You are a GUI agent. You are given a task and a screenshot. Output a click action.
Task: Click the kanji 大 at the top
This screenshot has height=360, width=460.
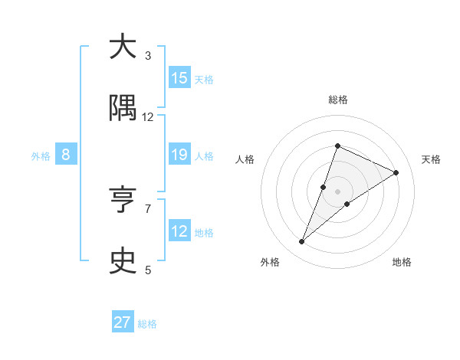click(123, 47)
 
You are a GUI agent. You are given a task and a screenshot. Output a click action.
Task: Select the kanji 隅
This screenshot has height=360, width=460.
click(123, 109)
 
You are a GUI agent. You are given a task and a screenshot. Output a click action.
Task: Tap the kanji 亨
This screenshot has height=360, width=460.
click(123, 201)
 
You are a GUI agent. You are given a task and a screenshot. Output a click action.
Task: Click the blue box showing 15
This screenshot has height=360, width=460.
click(179, 78)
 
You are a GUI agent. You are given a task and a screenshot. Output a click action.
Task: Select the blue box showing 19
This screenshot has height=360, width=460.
click(179, 155)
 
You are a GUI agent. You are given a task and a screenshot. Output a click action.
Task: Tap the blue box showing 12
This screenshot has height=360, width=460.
click(179, 231)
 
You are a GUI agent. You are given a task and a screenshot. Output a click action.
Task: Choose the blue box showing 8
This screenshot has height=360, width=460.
click(66, 155)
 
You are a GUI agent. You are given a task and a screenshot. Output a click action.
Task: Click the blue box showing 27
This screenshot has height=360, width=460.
click(123, 322)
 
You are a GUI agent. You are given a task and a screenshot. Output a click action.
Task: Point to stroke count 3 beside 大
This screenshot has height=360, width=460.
click(148, 55)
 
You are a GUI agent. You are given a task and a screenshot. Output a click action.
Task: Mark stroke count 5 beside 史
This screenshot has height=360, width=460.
click(148, 270)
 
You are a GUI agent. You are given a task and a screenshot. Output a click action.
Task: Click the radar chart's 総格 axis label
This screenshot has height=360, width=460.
click(337, 100)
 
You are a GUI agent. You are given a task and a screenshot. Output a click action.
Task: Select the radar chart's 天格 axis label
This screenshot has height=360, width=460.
click(431, 159)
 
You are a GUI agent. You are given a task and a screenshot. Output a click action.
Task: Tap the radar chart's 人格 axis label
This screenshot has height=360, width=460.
click(245, 159)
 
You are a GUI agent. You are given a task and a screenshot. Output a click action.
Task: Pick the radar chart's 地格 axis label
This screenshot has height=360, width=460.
click(402, 262)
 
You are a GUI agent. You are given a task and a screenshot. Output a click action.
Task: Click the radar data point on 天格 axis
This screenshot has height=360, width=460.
click(396, 172)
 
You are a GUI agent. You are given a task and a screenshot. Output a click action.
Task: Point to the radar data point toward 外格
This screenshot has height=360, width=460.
click(301, 242)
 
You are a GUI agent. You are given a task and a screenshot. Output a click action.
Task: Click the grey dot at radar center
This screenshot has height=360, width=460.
click(337, 191)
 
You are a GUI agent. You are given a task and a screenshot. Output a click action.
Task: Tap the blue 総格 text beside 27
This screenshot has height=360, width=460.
click(147, 323)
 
